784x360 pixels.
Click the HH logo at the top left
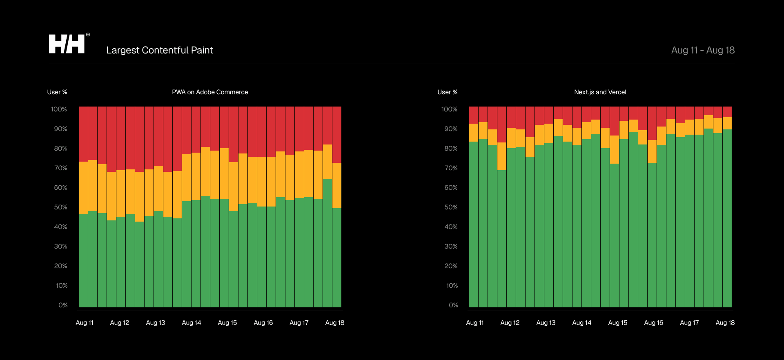pos(67,44)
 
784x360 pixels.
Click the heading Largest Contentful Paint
pos(160,50)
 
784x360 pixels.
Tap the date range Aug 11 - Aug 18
pos(703,50)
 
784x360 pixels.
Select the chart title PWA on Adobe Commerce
pos(210,92)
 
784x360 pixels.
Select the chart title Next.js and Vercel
pos(600,92)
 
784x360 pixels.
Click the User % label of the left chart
pos(57,92)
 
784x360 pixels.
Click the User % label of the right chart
pos(447,92)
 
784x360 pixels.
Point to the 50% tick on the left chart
pos(60,207)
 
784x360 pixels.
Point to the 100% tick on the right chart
pos(449,109)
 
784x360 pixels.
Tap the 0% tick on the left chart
pos(63,305)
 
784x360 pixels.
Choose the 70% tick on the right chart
pos(451,168)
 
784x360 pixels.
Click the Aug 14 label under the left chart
pos(191,323)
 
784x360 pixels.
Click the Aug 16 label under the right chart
pos(653,323)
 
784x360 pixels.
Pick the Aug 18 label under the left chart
pos(334,323)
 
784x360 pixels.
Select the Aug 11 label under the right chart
pos(474,323)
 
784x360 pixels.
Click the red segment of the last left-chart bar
pos(337,135)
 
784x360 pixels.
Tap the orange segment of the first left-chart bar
pos(83,188)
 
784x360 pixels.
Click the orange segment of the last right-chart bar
pos(727,123)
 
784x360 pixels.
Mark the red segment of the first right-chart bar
pos(474,115)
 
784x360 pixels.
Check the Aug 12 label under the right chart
pos(510,323)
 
